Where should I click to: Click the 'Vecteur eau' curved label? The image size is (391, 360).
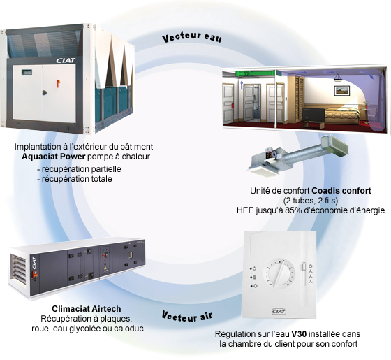click(192, 37)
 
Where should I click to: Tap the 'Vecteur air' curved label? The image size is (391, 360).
click(187, 317)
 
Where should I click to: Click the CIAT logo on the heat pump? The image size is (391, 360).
click(66, 60)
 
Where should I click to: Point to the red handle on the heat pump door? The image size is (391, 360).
click(59, 83)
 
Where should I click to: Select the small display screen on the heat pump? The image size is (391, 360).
click(27, 72)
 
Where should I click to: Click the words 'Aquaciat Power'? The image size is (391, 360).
click(54, 157)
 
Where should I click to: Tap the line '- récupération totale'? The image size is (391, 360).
click(75, 179)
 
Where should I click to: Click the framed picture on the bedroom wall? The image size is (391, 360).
click(342, 90)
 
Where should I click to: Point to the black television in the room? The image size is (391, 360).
click(313, 115)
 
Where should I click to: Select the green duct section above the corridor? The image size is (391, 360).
click(255, 73)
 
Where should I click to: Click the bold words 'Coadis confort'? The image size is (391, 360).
click(341, 191)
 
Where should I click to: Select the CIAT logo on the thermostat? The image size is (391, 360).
click(279, 311)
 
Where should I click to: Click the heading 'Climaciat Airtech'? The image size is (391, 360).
click(87, 308)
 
